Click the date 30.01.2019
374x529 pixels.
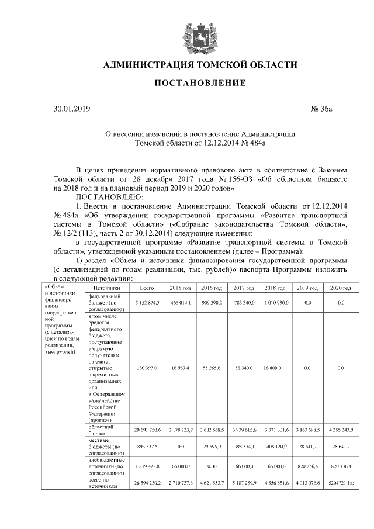click(x=72, y=109)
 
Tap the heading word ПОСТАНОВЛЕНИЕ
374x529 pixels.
click(x=199, y=84)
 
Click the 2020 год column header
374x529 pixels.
click(x=341, y=289)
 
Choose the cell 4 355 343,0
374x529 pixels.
click(x=341, y=431)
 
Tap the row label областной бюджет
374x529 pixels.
click(x=102, y=431)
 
